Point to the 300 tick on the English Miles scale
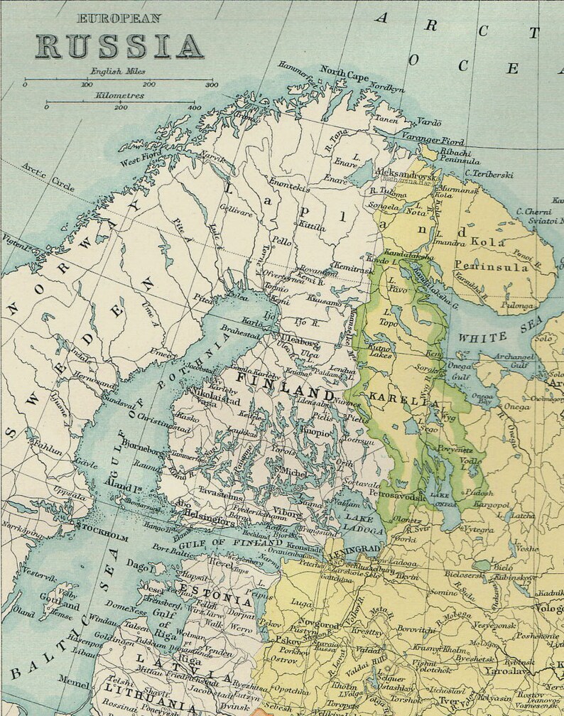(212, 82)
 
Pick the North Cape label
(344, 73)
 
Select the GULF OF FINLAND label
(228, 543)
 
